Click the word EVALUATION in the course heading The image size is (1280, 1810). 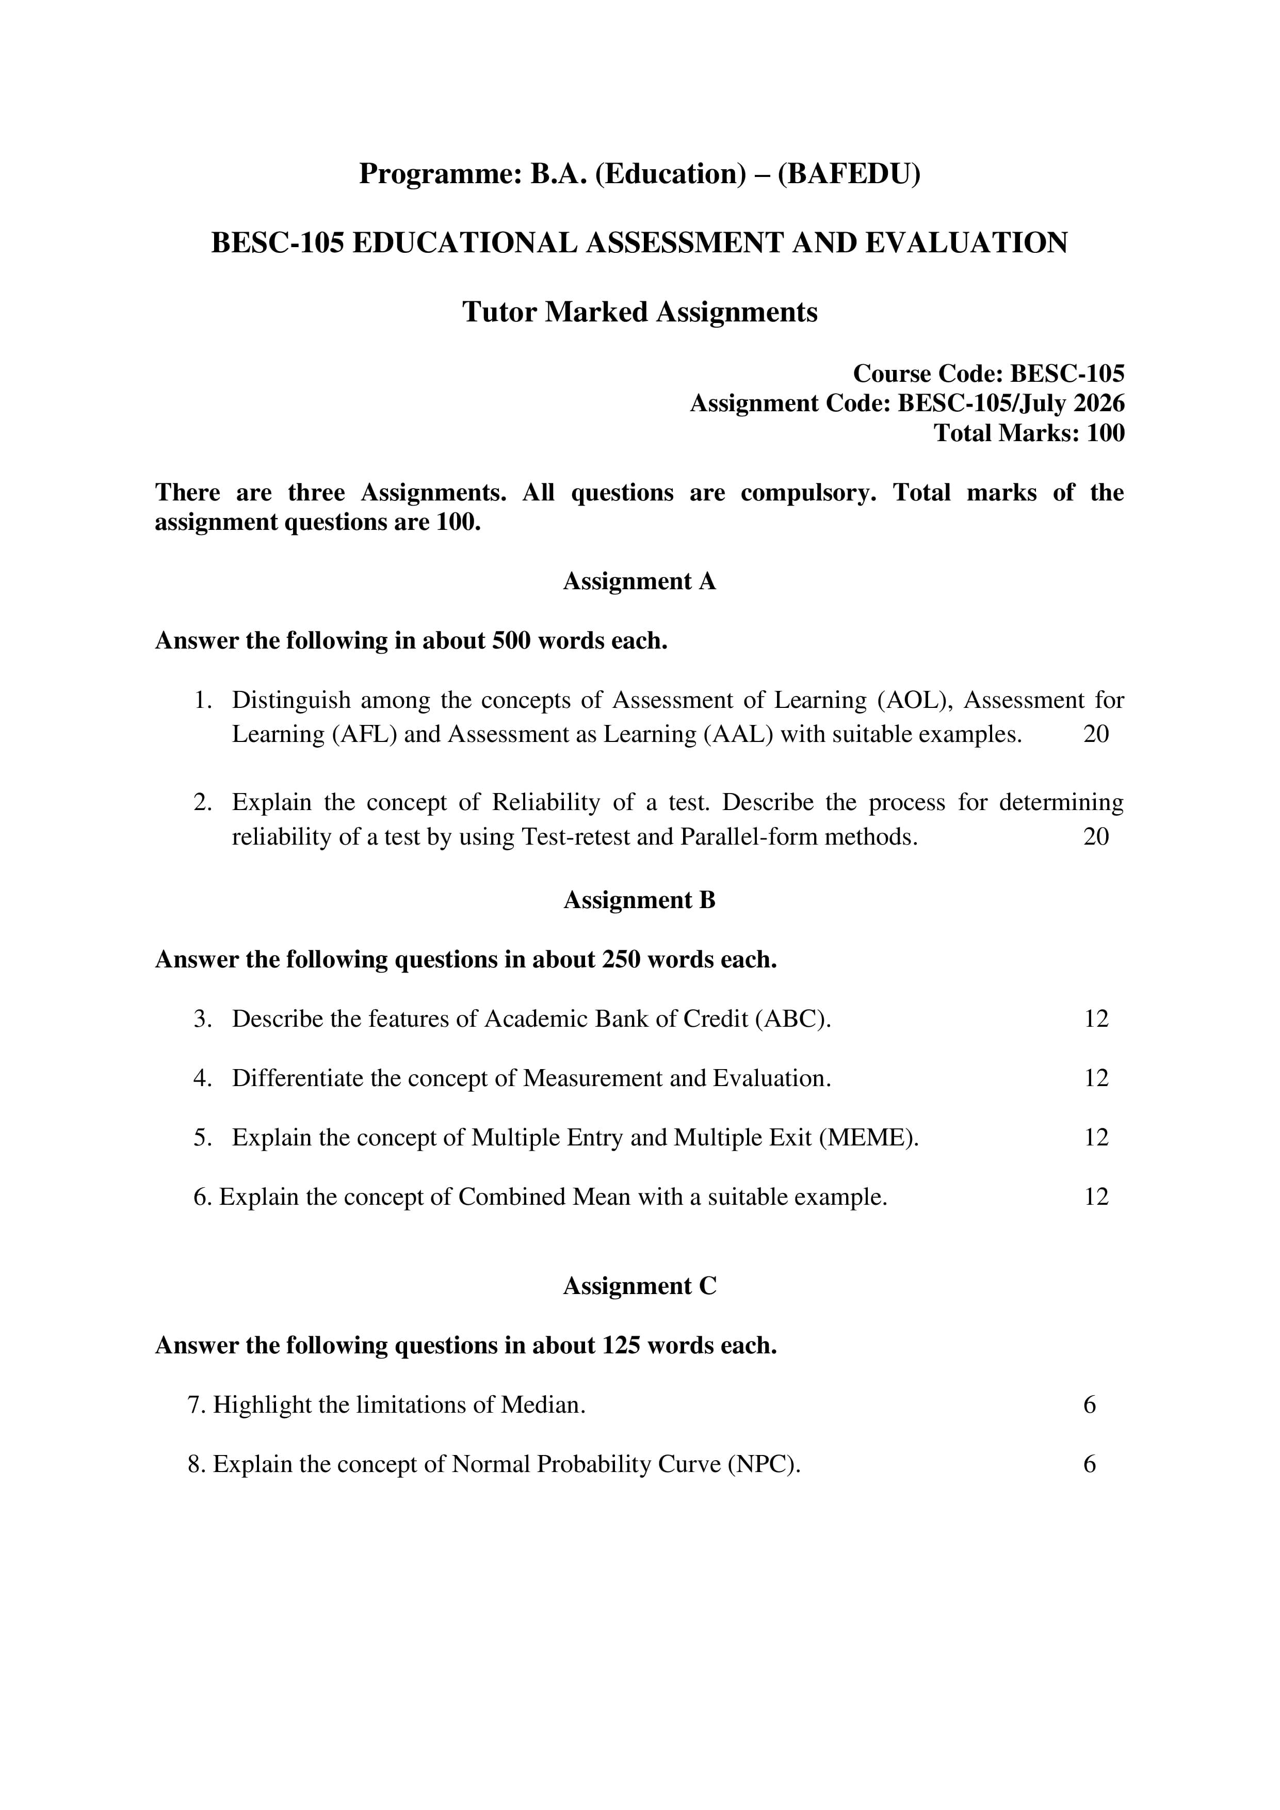pos(966,243)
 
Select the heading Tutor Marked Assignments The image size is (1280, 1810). pos(639,312)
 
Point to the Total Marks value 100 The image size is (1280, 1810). pos(1105,433)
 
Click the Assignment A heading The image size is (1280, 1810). pos(639,582)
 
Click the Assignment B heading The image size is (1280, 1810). pos(639,900)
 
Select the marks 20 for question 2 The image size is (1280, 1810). pos(1096,836)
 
